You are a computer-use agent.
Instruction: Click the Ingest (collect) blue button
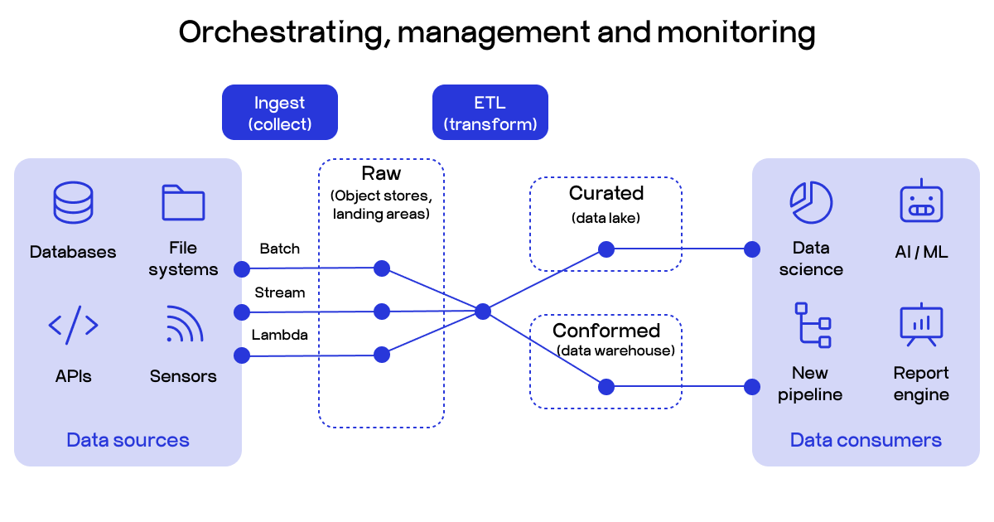[279, 113]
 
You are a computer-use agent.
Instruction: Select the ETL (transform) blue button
[490, 113]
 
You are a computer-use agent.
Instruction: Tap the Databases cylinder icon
[74, 203]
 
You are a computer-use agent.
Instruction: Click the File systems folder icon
[183, 202]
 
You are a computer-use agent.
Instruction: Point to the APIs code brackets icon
[74, 326]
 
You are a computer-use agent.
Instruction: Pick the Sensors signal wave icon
[184, 325]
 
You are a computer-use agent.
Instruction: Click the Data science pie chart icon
[810, 202]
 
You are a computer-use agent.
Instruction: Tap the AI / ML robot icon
[920, 201]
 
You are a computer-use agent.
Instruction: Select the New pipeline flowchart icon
[812, 325]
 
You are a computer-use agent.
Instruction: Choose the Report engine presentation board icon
[920, 325]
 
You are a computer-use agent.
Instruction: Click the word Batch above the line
[280, 249]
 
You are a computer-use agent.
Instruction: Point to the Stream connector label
[280, 292]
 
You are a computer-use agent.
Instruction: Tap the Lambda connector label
[280, 336]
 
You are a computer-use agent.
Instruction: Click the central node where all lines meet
[483, 312]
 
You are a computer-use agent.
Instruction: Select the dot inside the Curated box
[606, 249]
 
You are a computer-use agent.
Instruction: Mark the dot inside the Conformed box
[606, 386]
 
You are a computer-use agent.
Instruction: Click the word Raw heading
[381, 174]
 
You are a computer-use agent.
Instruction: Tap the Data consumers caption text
[866, 440]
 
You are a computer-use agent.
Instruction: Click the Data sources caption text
[128, 440]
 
